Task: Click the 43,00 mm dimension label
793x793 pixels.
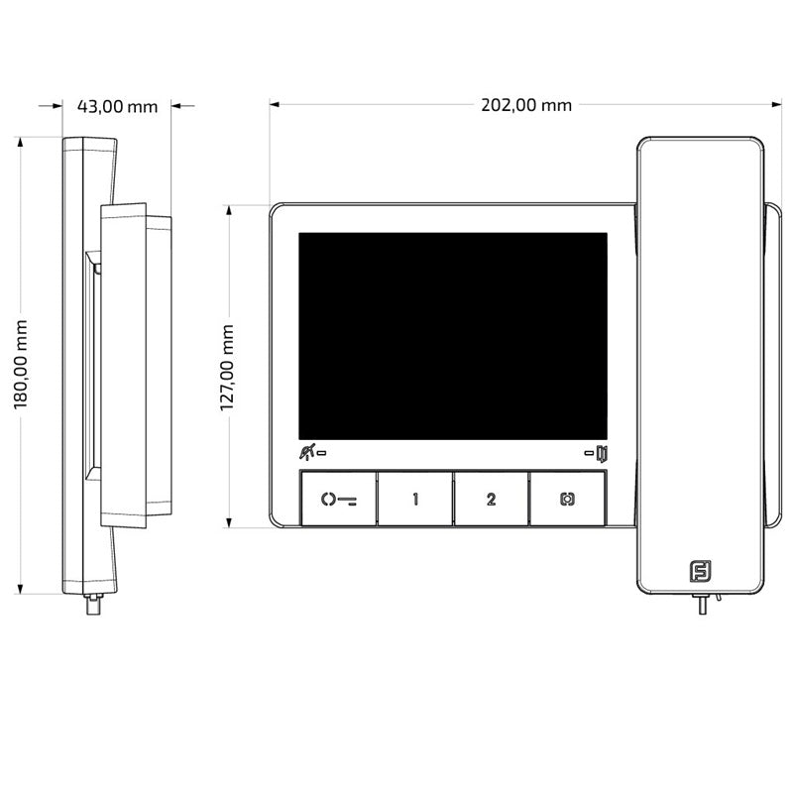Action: pyautogui.click(x=117, y=106)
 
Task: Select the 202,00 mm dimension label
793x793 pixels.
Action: pyautogui.click(x=526, y=105)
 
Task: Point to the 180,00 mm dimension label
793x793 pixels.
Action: pyautogui.click(x=20, y=364)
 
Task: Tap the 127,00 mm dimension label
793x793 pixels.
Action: pyautogui.click(x=227, y=368)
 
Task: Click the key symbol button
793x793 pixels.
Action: pyautogui.click(x=339, y=500)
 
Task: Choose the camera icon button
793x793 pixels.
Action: pyautogui.click(x=567, y=500)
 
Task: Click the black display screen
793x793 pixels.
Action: pyautogui.click(x=453, y=336)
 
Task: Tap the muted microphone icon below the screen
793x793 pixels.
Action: pyautogui.click(x=307, y=452)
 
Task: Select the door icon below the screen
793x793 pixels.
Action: pyautogui.click(x=602, y=454)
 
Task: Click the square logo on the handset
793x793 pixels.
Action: pyautogui.click(x=701, y=571)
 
